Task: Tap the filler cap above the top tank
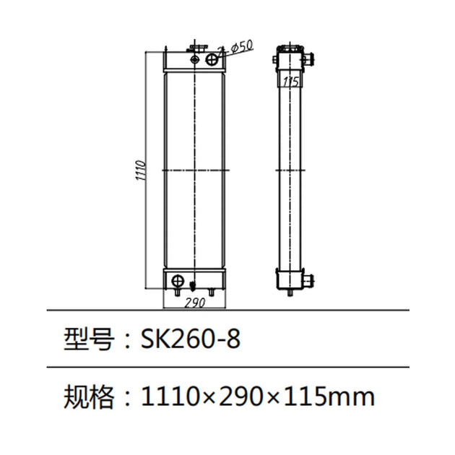tap(194, 49)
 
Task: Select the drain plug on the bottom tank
tap(193, 283)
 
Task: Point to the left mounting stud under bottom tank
tap(179, 292)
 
